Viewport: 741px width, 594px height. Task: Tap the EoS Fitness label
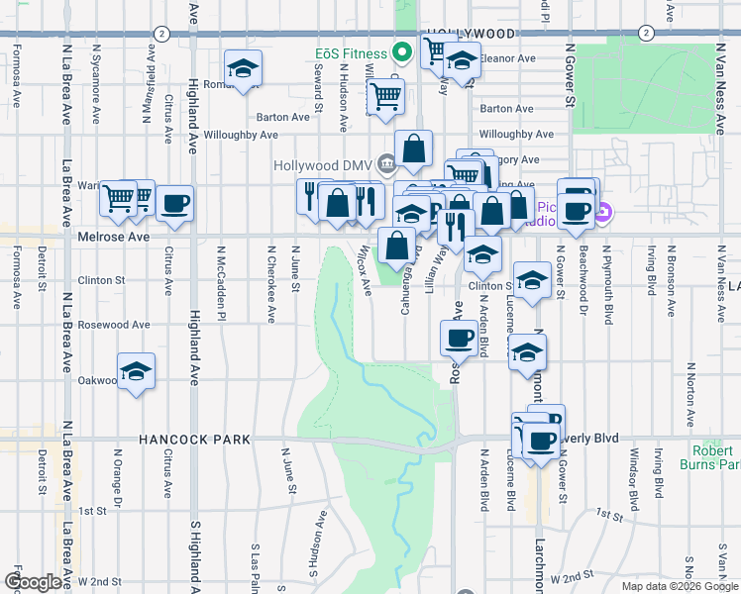pyautogui.click(x=352, y=51)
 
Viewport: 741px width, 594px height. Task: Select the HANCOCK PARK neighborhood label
pyautogui.click(x=194, y=439)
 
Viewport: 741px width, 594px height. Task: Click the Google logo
pyautogui.click(x=33, y=582)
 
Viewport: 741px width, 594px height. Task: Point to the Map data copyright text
pyautogui.click(x=679, y=586)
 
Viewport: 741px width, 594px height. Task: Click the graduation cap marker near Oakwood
pyautogui.click(x=137, y=371)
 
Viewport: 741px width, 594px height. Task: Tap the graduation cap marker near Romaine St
pyautogui.click(x=243, y=68)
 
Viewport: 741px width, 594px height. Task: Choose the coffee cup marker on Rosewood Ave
pyautogui.click(x=459, y=338)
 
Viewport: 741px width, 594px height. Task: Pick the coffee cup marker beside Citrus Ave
pyautogui.click(x=175, y=204)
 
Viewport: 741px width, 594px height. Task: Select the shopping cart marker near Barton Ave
pyautogui.click(x=385, y=96)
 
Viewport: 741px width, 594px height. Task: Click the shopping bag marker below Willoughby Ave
pyautogui.click(x=414, y=149)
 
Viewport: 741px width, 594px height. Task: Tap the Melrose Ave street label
pyautogui.click(x=113, y=238)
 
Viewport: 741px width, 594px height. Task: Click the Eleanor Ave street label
pyautogui.click(x=509, y=58)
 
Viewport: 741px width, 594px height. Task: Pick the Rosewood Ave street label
pyautogui.click(x=113, y=325)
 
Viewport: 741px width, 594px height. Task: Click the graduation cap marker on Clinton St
pyautogui.click(x=532, y=279)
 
